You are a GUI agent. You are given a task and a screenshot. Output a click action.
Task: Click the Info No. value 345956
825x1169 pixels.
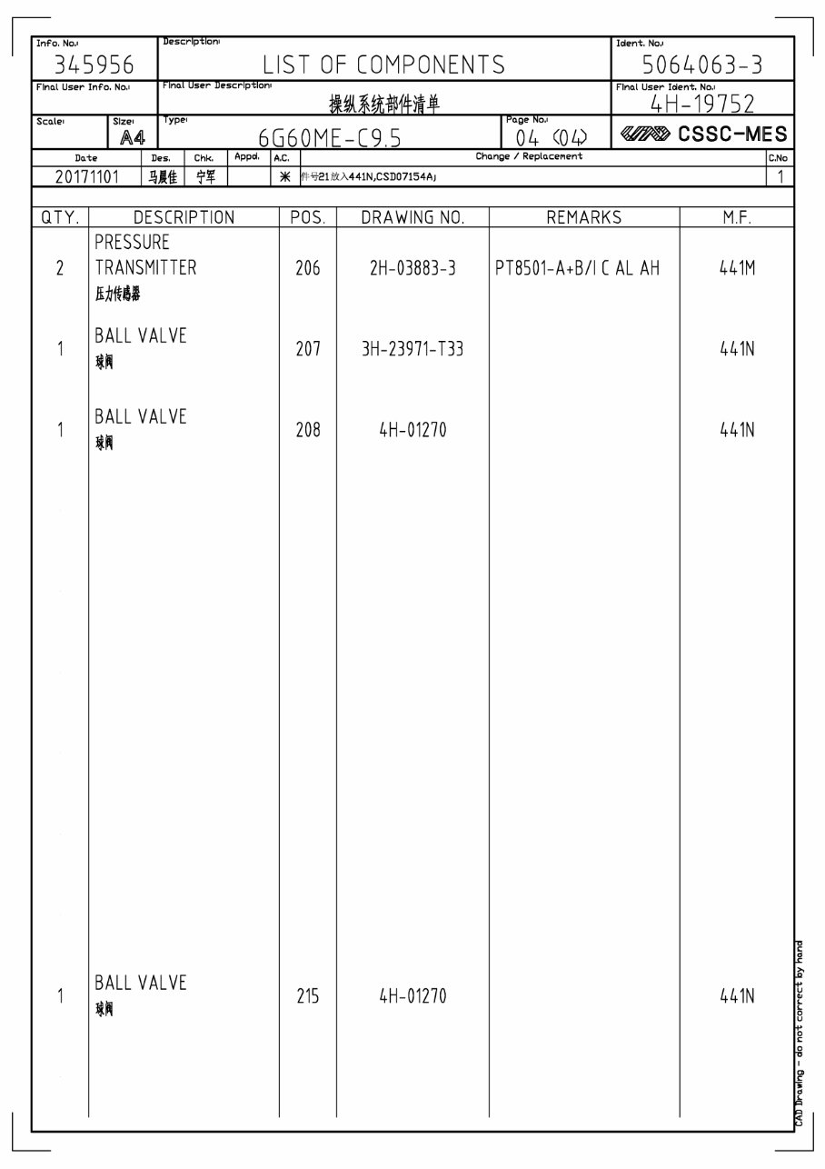[94, 65]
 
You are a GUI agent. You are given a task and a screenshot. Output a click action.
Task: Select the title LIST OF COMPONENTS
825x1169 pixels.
[383, 65]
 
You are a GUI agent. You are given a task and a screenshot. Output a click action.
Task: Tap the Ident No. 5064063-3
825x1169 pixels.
[702, 65]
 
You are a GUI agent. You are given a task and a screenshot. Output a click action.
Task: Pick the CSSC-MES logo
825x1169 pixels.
[703, 135]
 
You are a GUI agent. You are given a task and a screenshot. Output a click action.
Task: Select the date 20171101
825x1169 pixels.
[87, 176]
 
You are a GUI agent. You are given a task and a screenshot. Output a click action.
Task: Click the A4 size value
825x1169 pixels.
[133, 137]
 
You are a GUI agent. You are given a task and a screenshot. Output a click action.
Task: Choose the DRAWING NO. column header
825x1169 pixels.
[412, 218]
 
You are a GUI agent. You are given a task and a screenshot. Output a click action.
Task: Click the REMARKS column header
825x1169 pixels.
[584, 218]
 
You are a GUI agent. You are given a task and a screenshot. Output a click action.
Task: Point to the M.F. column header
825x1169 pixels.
[737, 218]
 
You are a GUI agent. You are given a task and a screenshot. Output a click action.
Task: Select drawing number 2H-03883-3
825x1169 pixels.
[412, 269]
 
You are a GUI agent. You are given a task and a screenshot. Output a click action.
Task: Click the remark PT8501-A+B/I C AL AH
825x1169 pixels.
[578, 269]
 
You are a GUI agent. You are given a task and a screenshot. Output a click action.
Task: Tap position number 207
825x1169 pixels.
[308, 349]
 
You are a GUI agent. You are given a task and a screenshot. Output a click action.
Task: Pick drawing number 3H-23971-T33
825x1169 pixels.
[412, 349]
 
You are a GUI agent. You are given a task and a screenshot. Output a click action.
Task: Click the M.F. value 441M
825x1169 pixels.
[737, 269]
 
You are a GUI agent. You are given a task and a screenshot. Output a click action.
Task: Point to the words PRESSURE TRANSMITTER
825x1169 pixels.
[145, 255]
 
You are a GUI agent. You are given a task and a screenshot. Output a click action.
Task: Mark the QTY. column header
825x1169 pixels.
[60, 218]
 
